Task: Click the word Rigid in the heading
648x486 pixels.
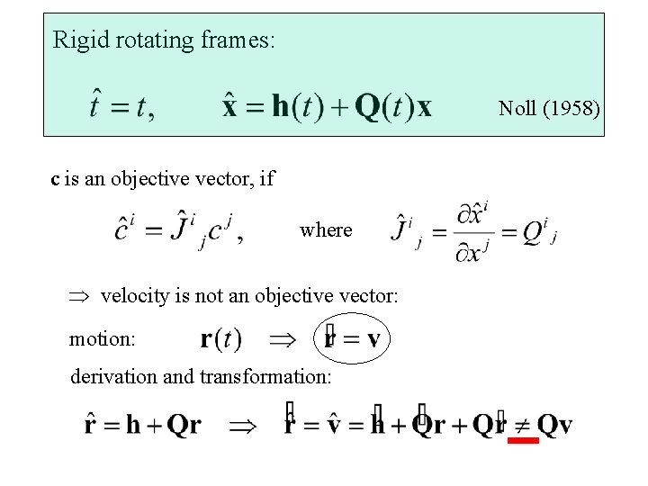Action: (x=75, y=40)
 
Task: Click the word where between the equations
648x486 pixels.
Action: (x=326, y=229)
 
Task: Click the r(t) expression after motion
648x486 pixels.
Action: (x=220, y=339)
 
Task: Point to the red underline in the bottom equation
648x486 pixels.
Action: (x=522, y=441)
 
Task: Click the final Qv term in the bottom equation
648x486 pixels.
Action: (x=554, y=425)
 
